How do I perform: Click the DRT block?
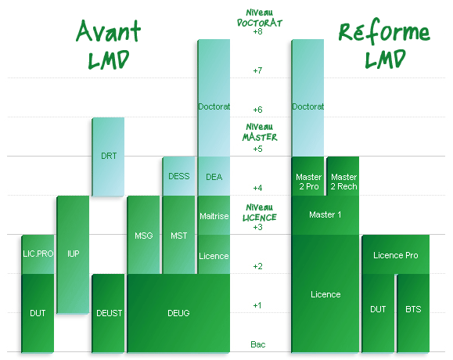tap(108, 157)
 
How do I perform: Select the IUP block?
tap(73, 254)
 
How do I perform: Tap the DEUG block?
tap(178, 313)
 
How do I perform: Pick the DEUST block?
tap(108, 313)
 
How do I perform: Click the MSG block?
tap(143, 235)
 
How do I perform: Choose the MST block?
tap(178, 235)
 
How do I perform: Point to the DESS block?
tap(178, 176)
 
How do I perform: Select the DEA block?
tap(214, 176)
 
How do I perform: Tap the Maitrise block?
tap(214, 215)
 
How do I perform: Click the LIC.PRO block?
tap(38, 254)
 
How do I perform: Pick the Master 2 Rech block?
tap(343, 176)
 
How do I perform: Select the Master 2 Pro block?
tap(307, 176)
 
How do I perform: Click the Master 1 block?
tap(325, 215)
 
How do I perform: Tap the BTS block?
tap(413, 313)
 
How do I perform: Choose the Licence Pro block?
tap(396, 254)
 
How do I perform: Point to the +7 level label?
tap(257, 70)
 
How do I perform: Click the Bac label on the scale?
tap(257, 344)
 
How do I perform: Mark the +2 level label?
tap(257, 266)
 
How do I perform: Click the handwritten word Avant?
tap(108, 31)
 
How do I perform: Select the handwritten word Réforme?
tap(384, 31)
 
